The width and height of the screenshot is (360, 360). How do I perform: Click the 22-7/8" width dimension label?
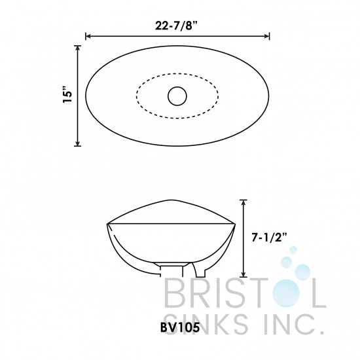coord(176,26)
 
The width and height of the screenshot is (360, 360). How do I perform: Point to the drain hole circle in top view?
coord(177,96)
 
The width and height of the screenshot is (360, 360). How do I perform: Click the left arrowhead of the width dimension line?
coord(89,37)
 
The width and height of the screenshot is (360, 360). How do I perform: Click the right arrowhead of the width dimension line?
coord(267,37)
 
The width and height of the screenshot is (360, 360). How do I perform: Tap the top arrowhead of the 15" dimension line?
coord(78,48)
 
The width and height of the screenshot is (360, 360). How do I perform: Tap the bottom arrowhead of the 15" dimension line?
coord(78,143)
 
